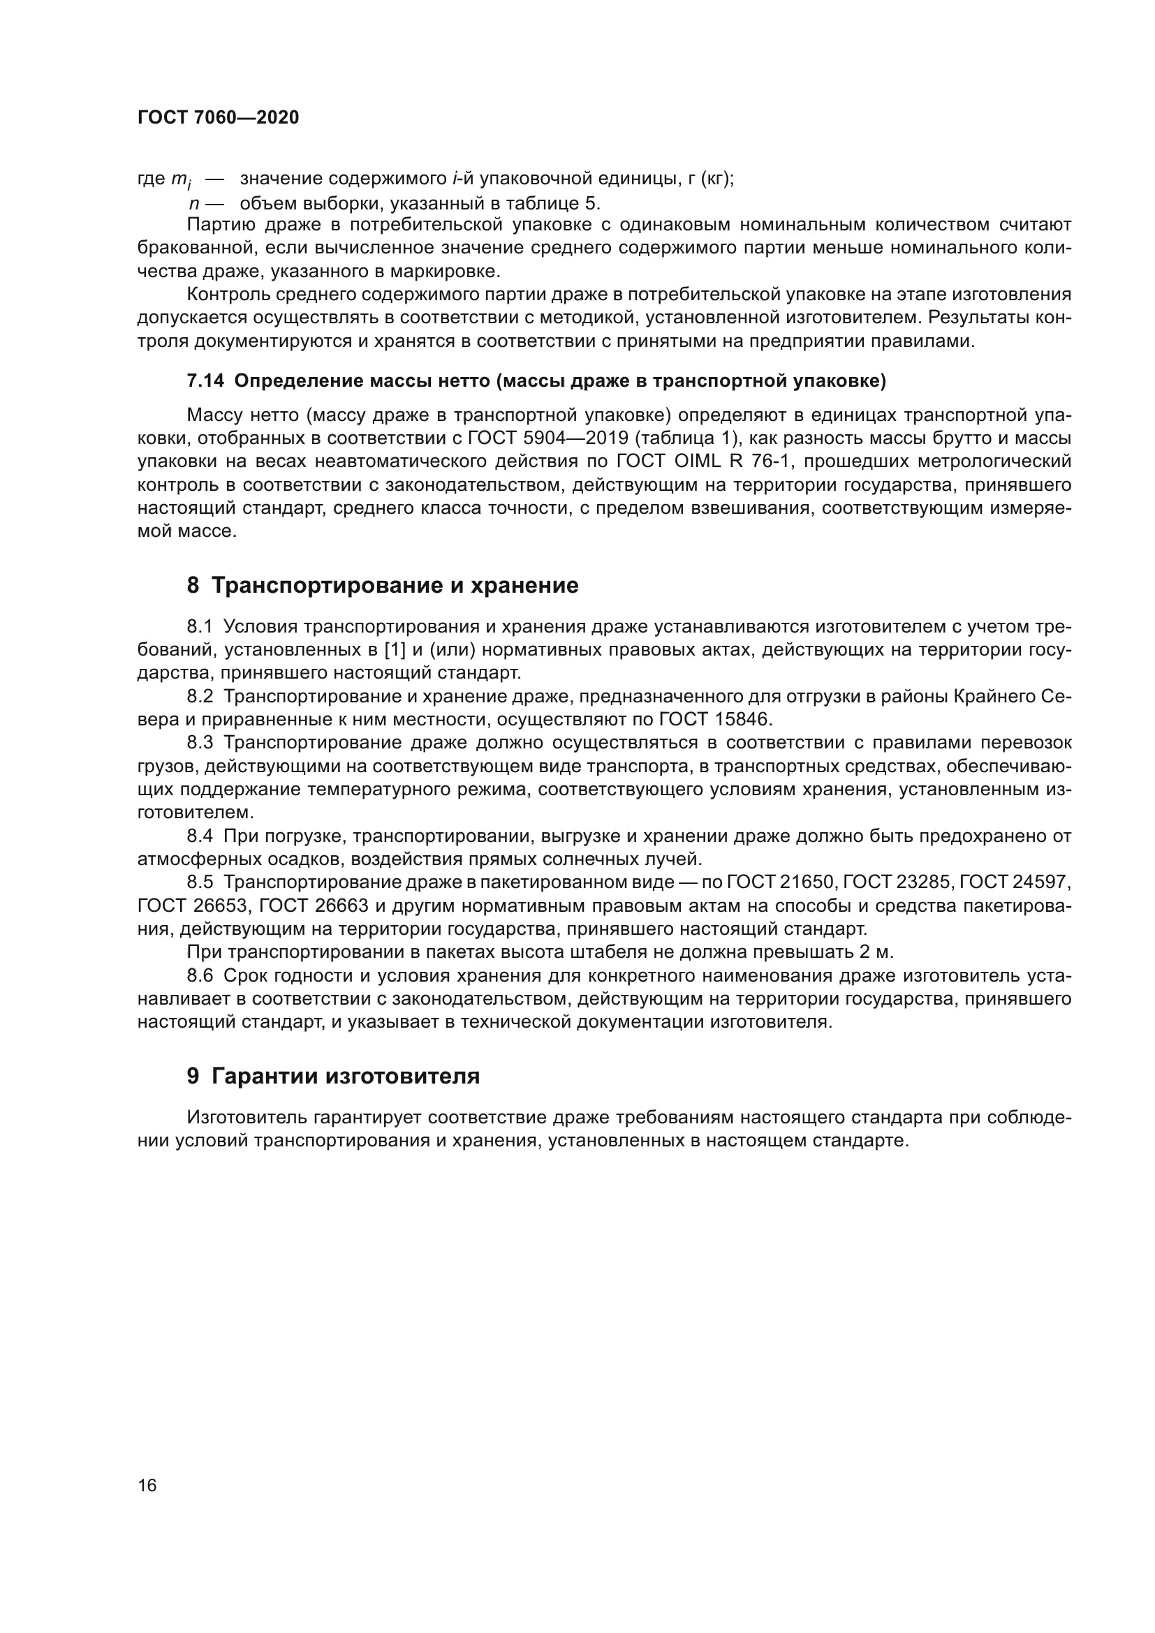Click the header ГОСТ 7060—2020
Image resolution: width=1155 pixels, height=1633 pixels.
[x=218, y=118]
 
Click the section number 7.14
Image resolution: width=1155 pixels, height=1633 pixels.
[x=205, y=382]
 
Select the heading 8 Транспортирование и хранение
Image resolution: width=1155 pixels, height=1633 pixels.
[x=383, y=585]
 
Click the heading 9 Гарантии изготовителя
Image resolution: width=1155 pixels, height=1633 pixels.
[x=333, y=1076]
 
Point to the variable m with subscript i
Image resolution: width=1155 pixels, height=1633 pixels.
[x=180, y=181]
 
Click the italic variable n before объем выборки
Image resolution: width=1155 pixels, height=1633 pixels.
[x=193, y=204]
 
